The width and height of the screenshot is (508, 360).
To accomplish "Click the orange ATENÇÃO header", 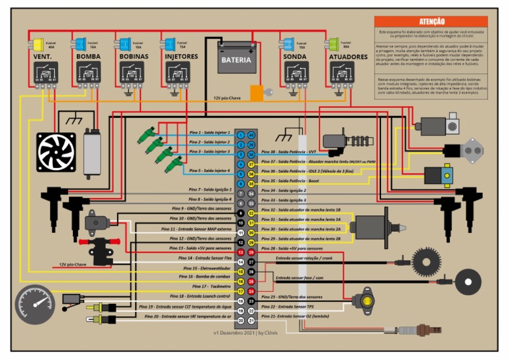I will pyautogui.click(x=431, y=22).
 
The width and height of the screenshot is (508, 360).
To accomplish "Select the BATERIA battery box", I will pyautogui.click(x=236, y=58).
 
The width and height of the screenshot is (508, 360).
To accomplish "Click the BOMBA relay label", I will pyautogui.click(x=88, y=57).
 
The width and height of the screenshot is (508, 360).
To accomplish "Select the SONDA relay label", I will pyautogui.click(x=295, y=57).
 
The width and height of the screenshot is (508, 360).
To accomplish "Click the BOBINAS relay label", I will pyautogui.click(x=134, y=57).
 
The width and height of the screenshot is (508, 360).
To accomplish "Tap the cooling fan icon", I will pyautogui.click(x=56, y=152).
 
